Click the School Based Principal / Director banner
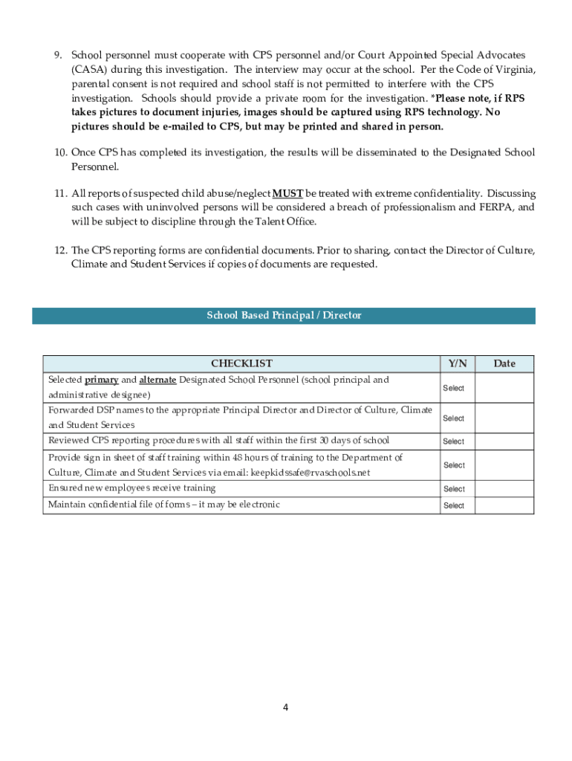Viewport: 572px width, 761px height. click(284, 316)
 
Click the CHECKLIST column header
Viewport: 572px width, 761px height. click(241, 363)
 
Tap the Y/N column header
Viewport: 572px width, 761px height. click(458, 363)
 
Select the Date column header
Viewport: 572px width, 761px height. click(504, 363)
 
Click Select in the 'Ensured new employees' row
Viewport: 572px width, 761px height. click(454, 489)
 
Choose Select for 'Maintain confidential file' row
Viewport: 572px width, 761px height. click(454, 506)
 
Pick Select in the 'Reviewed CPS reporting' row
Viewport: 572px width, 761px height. click(454, 441)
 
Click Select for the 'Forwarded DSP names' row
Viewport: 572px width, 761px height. click(454, 418)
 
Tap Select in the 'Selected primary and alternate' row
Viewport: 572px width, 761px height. click(454, 388)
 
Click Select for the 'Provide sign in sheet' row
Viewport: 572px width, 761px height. click(454, 465)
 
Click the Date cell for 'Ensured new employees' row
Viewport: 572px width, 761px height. click(504, 489)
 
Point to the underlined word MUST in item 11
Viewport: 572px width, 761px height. click(287, 194)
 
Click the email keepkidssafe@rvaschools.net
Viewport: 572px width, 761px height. click(310, 473)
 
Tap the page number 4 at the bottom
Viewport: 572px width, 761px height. click(285, 707)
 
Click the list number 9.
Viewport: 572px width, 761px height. click(58, 56)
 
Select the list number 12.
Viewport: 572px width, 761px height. click(60, 250)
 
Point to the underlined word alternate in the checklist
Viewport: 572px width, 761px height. click(157, 380)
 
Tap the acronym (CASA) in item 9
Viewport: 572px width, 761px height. click(88, 70)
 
